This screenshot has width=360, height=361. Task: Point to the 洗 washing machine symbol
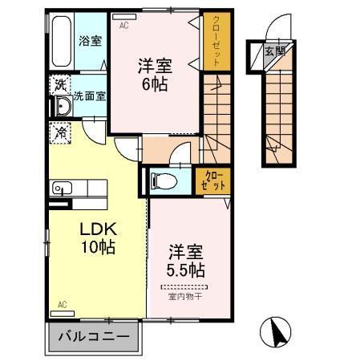click(59, 83)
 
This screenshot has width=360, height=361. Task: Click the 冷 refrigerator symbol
click(60, 133)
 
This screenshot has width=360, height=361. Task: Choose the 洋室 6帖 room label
click(155, 73)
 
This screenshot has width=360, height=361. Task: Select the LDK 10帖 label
click(97, 237)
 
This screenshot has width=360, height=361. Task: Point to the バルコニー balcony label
click(95, 337)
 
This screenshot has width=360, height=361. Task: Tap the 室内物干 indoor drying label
click(185, 297)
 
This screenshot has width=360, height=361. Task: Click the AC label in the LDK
click(62, 305)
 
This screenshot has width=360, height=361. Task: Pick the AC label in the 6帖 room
click(124, 25)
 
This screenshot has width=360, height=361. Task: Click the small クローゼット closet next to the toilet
click(214, 179)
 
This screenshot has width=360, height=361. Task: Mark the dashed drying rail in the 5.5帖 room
click(185, 287)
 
